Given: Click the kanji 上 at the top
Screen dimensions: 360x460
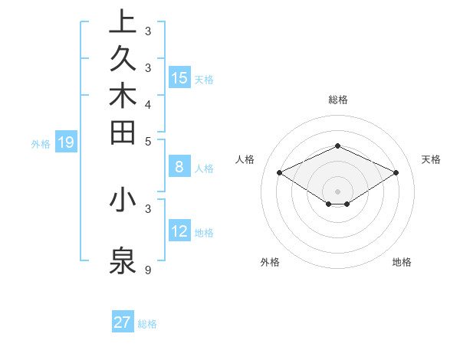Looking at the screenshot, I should (x=123, y=21).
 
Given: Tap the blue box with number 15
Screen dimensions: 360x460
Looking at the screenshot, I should (x=179, y=77).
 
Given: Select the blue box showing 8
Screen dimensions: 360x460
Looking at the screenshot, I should (x=179, y=166).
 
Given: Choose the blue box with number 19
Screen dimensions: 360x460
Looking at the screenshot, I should (x=66, y=142).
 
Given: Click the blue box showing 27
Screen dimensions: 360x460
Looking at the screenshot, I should (x=123, y=322).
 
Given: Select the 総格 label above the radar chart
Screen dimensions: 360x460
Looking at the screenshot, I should (x=337, y=100).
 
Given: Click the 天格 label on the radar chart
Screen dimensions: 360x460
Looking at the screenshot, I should (x=432, y=159).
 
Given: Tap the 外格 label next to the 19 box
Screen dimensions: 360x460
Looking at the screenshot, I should (x=41, y=143).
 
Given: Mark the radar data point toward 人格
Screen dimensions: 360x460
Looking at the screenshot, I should (x=280, y=173).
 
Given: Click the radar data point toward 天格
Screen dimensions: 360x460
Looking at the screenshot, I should (x=396, y=173).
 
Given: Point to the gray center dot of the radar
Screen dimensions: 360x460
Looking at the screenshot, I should (x=337, y=191).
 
